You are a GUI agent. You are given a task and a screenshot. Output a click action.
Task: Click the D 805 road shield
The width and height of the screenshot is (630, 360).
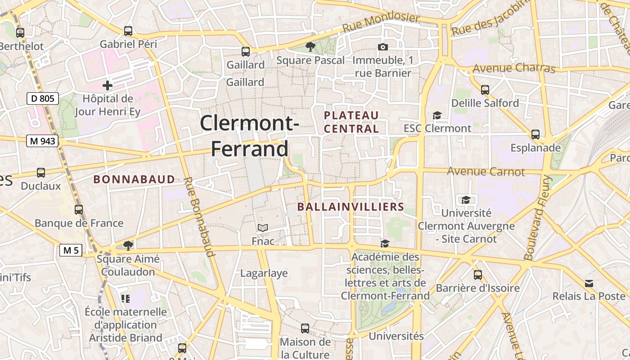tap(43, 99)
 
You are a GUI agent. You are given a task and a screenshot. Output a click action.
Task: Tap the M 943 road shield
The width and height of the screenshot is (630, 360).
tap(43, 141)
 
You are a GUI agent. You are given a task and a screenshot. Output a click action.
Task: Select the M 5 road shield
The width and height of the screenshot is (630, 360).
tap(71, 250)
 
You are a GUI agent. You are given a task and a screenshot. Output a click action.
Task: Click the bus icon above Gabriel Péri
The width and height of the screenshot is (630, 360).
tap(128, 31)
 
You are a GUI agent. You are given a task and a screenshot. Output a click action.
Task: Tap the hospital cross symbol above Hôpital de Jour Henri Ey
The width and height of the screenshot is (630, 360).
tap(107, 85)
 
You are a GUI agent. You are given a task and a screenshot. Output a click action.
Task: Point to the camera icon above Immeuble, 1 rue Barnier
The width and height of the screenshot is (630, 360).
tap(382, 47)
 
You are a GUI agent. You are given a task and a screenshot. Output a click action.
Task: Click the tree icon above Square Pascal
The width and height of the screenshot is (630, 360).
tap(310, 46)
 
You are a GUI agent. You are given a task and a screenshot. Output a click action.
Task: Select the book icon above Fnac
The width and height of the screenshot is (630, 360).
tap(263, 228)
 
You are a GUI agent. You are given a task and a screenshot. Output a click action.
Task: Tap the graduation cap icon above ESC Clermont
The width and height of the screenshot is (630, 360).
tap(437, 115)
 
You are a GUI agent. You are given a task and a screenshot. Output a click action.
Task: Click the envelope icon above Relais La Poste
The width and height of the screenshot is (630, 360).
tap(589, 283)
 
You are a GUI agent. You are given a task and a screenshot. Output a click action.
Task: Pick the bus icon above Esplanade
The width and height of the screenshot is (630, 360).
tap(535, 135)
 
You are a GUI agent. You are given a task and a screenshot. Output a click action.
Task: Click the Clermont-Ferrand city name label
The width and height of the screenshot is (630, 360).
tap(249, 135)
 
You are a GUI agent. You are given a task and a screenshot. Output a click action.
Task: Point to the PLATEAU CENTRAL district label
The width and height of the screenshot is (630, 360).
tap(351, 122)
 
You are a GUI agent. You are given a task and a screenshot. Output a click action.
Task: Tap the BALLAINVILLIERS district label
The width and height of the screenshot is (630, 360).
tap(351, 207)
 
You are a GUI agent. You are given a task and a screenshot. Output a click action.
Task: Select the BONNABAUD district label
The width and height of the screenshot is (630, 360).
tap(134, 179)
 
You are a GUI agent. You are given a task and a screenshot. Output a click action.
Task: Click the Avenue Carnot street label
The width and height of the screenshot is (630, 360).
tap(486, 171)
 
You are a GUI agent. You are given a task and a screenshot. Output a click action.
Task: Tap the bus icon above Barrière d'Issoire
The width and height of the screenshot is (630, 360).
tap(478, 274)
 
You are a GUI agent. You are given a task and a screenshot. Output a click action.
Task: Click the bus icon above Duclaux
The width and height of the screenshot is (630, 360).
tap(41, 173)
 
